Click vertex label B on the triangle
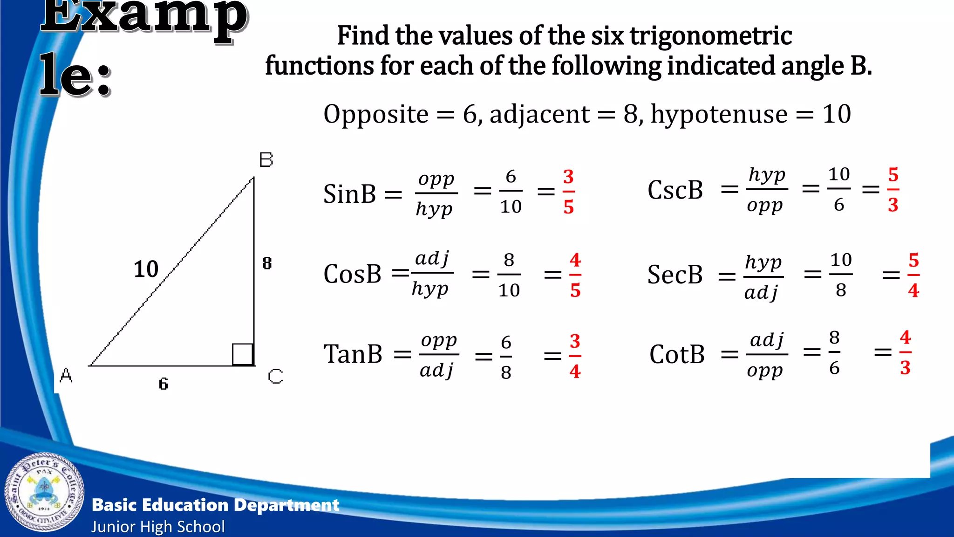[x=266, y=160]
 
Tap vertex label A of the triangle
[x=66, y=375]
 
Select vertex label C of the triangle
[x=275, y=376]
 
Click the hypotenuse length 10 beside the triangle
[x=146, y=269]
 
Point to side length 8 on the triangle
[x=267, y=263]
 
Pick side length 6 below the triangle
[x=163, y=384]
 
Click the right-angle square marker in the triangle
[x=243, y=354]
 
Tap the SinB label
[x=349, y=193]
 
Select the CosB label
[x=352, y=274]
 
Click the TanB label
[x=353, y=354]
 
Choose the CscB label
[x=675, y=190]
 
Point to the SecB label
[x=675, y=275]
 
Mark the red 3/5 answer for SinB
[x=568, y=192]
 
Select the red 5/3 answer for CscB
[x=893, y=190]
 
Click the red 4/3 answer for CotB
[x=905, y=352]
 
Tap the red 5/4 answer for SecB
[x=913, y=275]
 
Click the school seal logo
[x=45, y=492]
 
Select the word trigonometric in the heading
[x=711, y=36]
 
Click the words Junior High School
[x=158, y=527]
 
